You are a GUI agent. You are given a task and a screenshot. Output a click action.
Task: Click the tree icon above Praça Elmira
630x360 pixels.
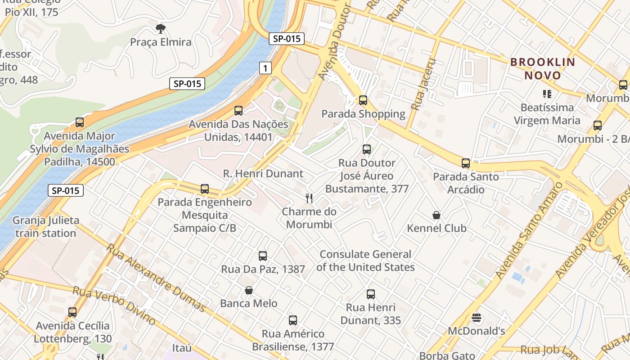pos(160,29)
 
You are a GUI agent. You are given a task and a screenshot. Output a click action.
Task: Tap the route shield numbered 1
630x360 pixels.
pos(265,68)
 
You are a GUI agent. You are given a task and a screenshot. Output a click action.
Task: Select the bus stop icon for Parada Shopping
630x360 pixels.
pos(363,100)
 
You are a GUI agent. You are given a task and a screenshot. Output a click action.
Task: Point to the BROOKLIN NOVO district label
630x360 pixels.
pos(543,69)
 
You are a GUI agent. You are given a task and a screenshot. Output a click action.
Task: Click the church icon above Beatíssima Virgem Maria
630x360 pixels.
pos(547,94)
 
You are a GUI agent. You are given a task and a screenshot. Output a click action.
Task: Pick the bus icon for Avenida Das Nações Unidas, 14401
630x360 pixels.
pos(238,110)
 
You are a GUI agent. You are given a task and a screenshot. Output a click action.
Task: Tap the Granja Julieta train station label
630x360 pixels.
pos(45,227)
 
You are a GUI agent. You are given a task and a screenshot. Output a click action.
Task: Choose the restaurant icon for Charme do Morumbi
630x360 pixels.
pos(309,198)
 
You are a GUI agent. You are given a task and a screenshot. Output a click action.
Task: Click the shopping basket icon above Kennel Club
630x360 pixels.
pos(436,215)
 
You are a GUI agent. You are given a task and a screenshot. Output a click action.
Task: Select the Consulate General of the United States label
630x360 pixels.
pos(365,261)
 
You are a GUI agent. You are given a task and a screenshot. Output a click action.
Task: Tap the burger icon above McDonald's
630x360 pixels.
pos(477,318)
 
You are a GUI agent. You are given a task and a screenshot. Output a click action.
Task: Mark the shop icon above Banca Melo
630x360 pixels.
pos(248,290)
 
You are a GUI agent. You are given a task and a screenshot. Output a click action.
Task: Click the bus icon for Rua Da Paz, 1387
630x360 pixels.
pos(263,256)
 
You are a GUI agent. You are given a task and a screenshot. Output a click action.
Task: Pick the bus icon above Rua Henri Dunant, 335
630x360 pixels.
pos(370,294)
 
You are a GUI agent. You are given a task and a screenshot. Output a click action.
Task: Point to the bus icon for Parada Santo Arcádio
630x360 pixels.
pos(466,163)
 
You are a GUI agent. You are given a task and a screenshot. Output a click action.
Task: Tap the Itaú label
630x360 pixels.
pos(182,348)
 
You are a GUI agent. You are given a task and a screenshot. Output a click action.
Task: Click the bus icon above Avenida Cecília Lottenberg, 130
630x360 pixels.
pos(72,312)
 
